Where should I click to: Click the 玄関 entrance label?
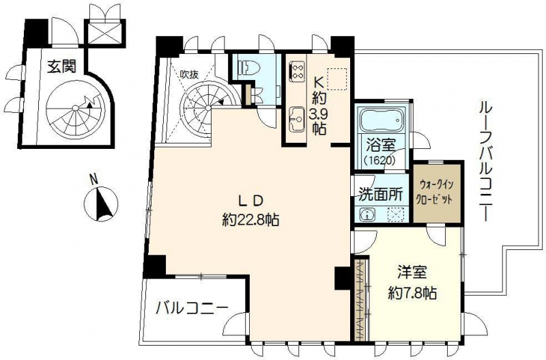tap(61, 66)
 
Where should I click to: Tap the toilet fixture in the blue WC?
tap(247, 66)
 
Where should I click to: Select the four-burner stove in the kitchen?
tap(298, 71)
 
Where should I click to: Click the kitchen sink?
tap(297, 119)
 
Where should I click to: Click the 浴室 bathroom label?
tap(380, 146)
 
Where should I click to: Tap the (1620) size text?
tap(380, 161)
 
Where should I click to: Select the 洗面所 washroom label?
tap(381, 195)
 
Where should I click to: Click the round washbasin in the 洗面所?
tap(367, 214)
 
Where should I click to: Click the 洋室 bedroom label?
tap(413, 273)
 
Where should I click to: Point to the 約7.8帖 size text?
tap(413, 293)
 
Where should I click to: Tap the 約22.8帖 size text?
tap(250, 220)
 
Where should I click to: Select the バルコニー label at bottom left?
tap(192, 308)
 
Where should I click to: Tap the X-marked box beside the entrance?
tap(104, 33)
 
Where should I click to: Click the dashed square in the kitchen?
tap(337, 79)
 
